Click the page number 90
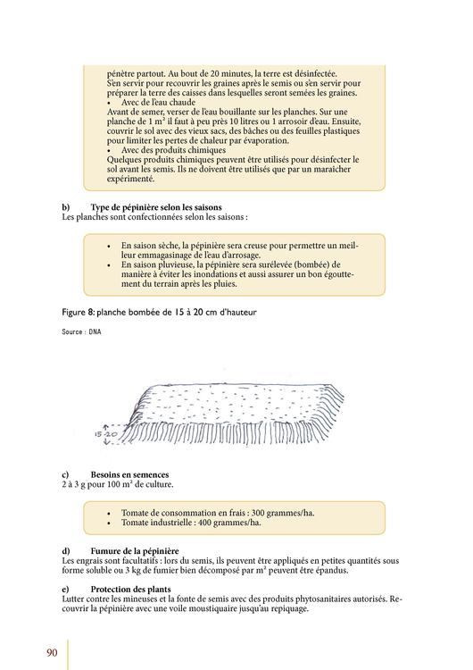tap(52, 652)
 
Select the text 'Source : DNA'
tap(81, 331)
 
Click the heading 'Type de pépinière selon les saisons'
tap(156, 207)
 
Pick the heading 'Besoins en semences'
tap(129, 474)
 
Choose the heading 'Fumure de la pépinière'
tap(135, 551)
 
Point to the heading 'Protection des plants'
tap(130, 590)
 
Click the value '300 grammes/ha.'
tap(283, 513)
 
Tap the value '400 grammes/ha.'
tap(229, 523)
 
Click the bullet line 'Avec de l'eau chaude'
tap(158, 103)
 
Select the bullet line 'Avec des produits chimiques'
tap(173, 150)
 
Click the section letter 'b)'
tap(66, 207)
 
